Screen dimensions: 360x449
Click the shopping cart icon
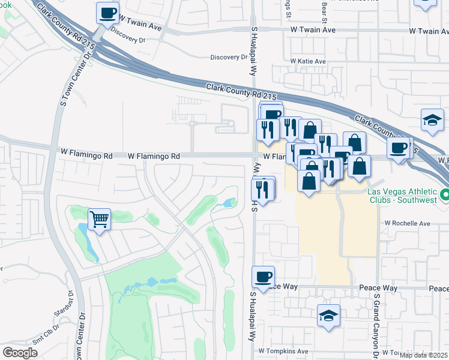click(99, 218)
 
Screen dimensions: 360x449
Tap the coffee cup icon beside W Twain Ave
click(107, 13)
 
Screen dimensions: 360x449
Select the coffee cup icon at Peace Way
click(263, 277)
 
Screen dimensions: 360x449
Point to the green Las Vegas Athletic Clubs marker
click(445, 195)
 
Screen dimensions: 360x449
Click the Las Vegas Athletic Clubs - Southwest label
click(402, 196)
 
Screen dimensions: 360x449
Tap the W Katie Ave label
click(308, 61)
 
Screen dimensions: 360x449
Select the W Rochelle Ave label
click(408, 223)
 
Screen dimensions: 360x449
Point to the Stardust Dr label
click(62, 311)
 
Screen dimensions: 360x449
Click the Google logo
click(20, 353)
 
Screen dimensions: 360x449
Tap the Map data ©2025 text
click(423, 355)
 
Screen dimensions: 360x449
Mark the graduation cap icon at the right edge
click(432, 119)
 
